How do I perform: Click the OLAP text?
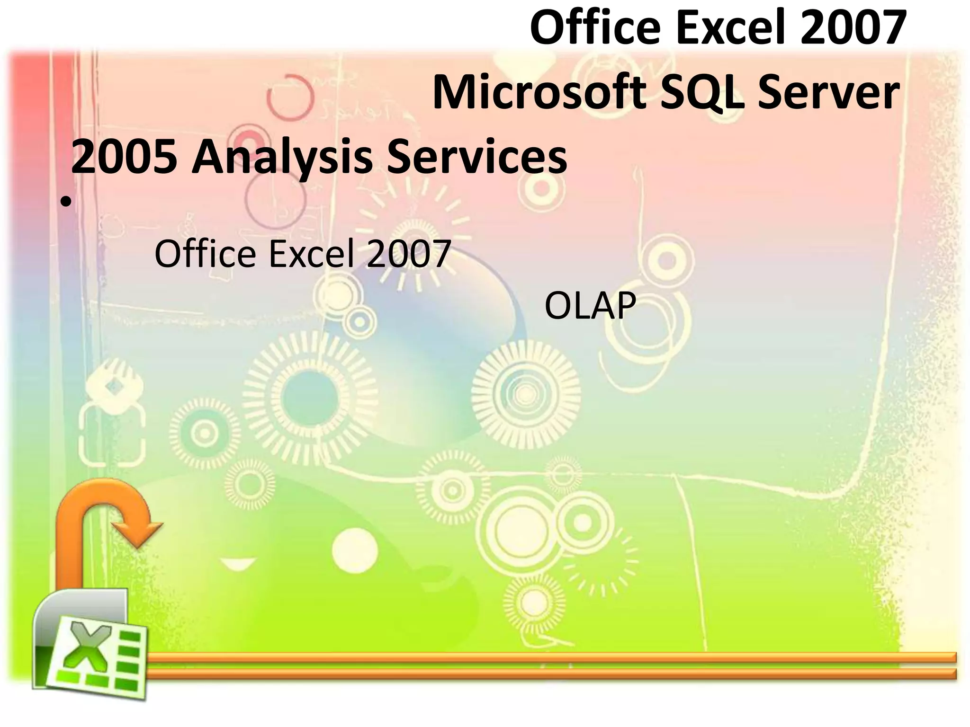[590, 306]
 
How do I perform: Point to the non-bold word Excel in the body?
[312, 254]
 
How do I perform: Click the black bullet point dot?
[65, 203]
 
